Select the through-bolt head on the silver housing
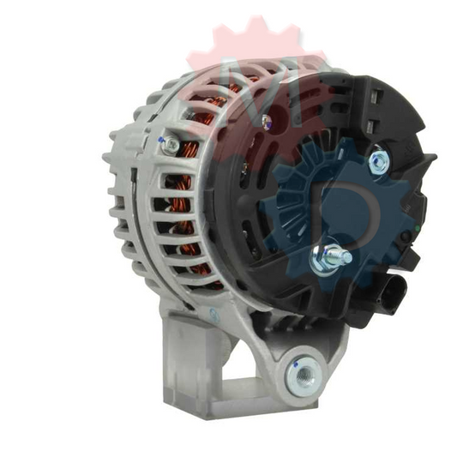pyautogui.click(x=171, y=146)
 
